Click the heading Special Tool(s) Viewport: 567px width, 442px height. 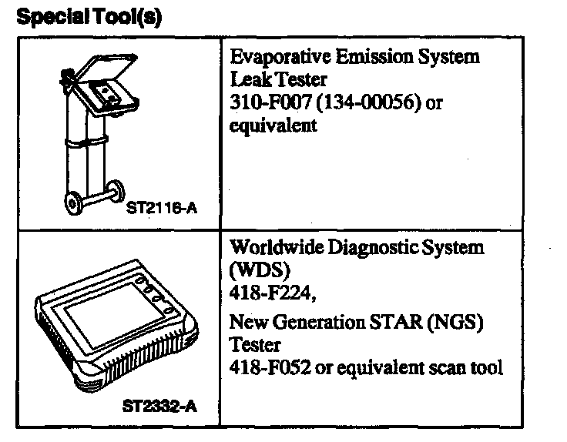[x=88, y=17]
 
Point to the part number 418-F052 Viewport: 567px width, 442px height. [x=268, y=367]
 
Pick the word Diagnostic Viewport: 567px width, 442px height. [x=374, y=248]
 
